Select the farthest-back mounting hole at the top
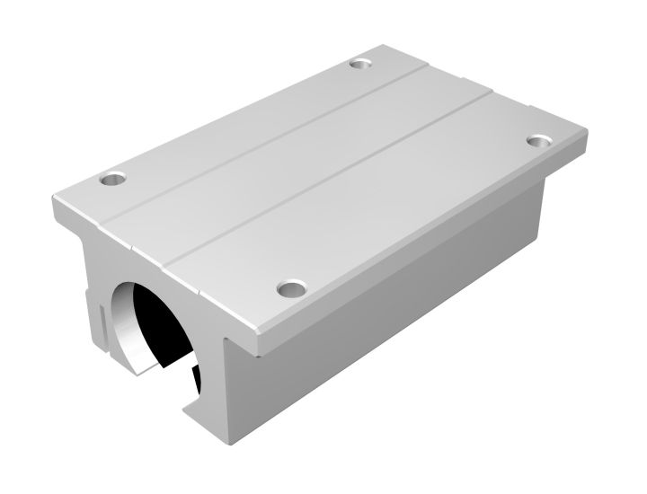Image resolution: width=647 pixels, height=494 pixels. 361,64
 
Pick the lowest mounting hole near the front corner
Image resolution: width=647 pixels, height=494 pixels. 290,288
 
